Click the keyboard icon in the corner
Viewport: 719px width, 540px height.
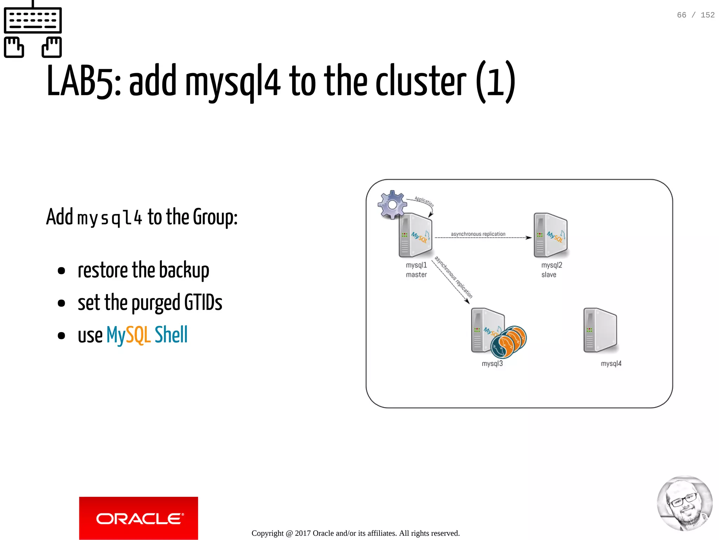(33, 30)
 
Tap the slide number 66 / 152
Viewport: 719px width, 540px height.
(695, 15)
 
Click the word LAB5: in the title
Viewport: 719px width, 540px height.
(84, 82)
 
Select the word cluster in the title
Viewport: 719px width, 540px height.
(421, 82)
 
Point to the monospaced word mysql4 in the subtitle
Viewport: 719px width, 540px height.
(110, 218)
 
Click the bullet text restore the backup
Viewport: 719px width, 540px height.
(143, 270)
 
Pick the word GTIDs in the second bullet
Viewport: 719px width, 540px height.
(203, 302)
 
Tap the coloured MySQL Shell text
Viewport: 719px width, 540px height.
(147, 335)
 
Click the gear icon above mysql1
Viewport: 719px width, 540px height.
(392, 204)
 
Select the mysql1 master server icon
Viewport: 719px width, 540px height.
(415, 235)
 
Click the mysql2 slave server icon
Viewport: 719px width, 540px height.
(550, 235)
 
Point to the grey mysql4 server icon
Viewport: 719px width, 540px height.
(600, 330)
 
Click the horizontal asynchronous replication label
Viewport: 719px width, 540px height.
(478, 234)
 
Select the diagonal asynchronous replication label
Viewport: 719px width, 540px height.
(453, 277)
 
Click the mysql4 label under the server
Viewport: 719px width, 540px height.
(611, 364)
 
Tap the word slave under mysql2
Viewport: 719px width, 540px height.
(549, 275)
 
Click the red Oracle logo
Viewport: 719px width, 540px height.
(138, 518)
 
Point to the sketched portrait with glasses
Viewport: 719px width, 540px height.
(685, 503)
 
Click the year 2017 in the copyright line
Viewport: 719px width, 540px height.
(303, 533)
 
